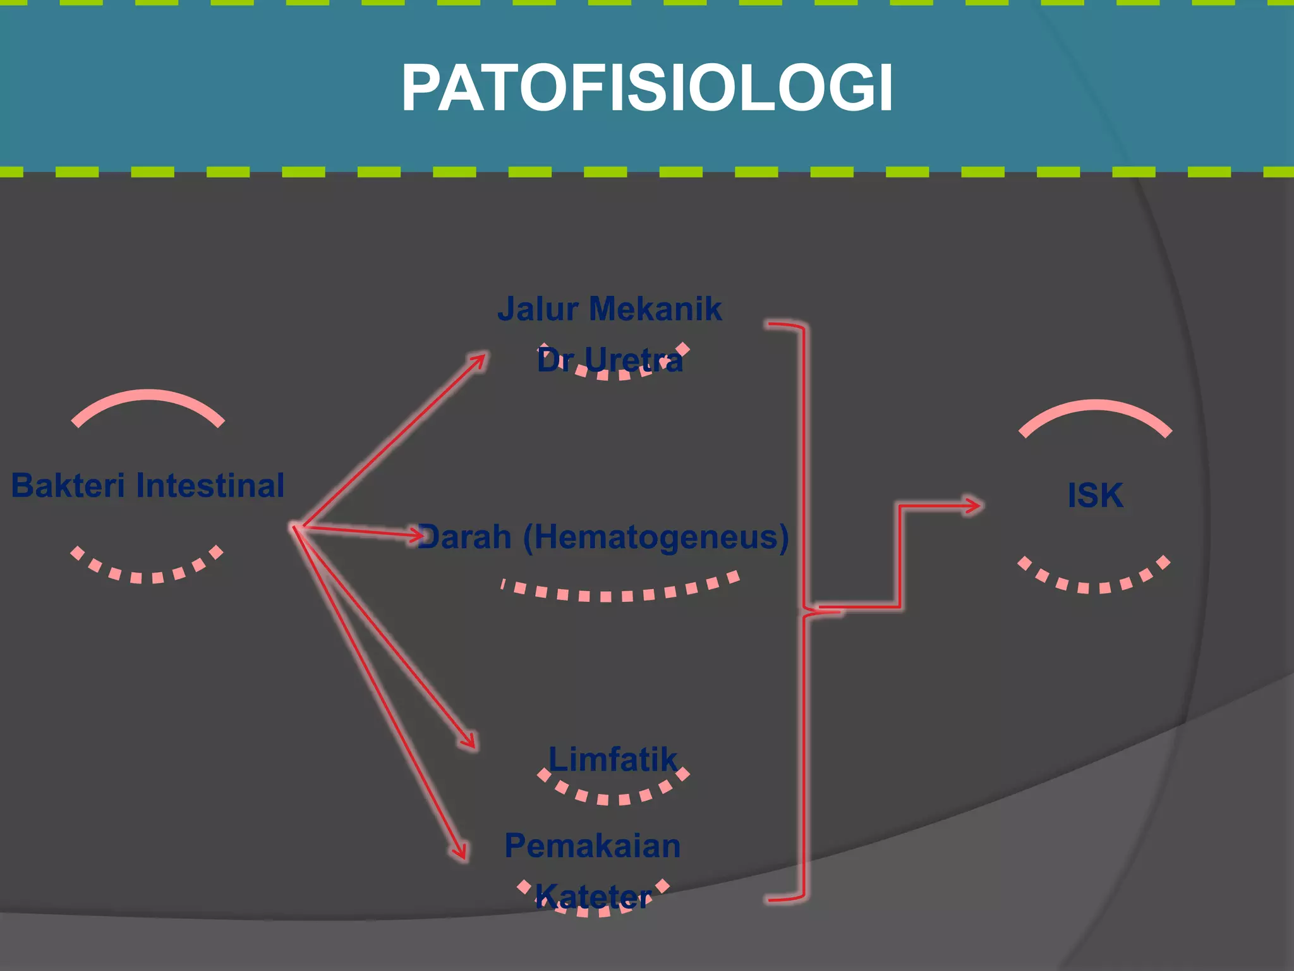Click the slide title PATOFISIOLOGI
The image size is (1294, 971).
647,88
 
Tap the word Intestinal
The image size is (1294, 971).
210,485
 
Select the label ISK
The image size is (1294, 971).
1095,495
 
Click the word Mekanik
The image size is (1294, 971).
655,309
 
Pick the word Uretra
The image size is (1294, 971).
634,361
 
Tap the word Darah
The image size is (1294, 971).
465,537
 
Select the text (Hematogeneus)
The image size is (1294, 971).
656,537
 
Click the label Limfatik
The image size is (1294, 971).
613,759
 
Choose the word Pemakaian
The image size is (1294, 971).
593,846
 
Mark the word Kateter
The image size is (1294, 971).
593,897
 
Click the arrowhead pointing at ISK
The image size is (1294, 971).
973,505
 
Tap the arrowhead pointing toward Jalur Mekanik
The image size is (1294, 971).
480,360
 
